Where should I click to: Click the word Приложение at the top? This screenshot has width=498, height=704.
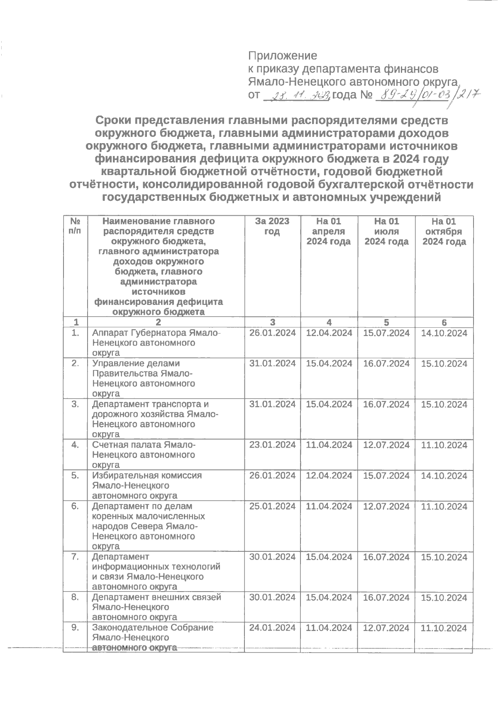283,56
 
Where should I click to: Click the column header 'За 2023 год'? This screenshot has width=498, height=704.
272,226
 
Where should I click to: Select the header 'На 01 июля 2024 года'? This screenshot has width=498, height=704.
386,231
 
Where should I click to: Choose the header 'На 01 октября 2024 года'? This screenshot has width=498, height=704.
444,231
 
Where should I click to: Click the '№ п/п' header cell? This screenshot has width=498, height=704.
75,226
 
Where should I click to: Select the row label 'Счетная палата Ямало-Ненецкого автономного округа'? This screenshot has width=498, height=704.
143,455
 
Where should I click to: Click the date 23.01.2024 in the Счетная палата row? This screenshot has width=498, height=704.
272,445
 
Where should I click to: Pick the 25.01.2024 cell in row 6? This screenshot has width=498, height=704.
272,506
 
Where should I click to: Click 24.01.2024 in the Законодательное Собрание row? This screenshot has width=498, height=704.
272,628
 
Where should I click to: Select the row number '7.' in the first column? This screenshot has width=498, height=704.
75,557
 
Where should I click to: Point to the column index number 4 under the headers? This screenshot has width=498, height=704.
329,322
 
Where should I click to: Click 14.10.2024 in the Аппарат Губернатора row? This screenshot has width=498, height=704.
444,333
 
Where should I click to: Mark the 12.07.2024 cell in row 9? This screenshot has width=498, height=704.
386,628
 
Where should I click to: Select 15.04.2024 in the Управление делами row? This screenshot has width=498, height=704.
329,364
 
